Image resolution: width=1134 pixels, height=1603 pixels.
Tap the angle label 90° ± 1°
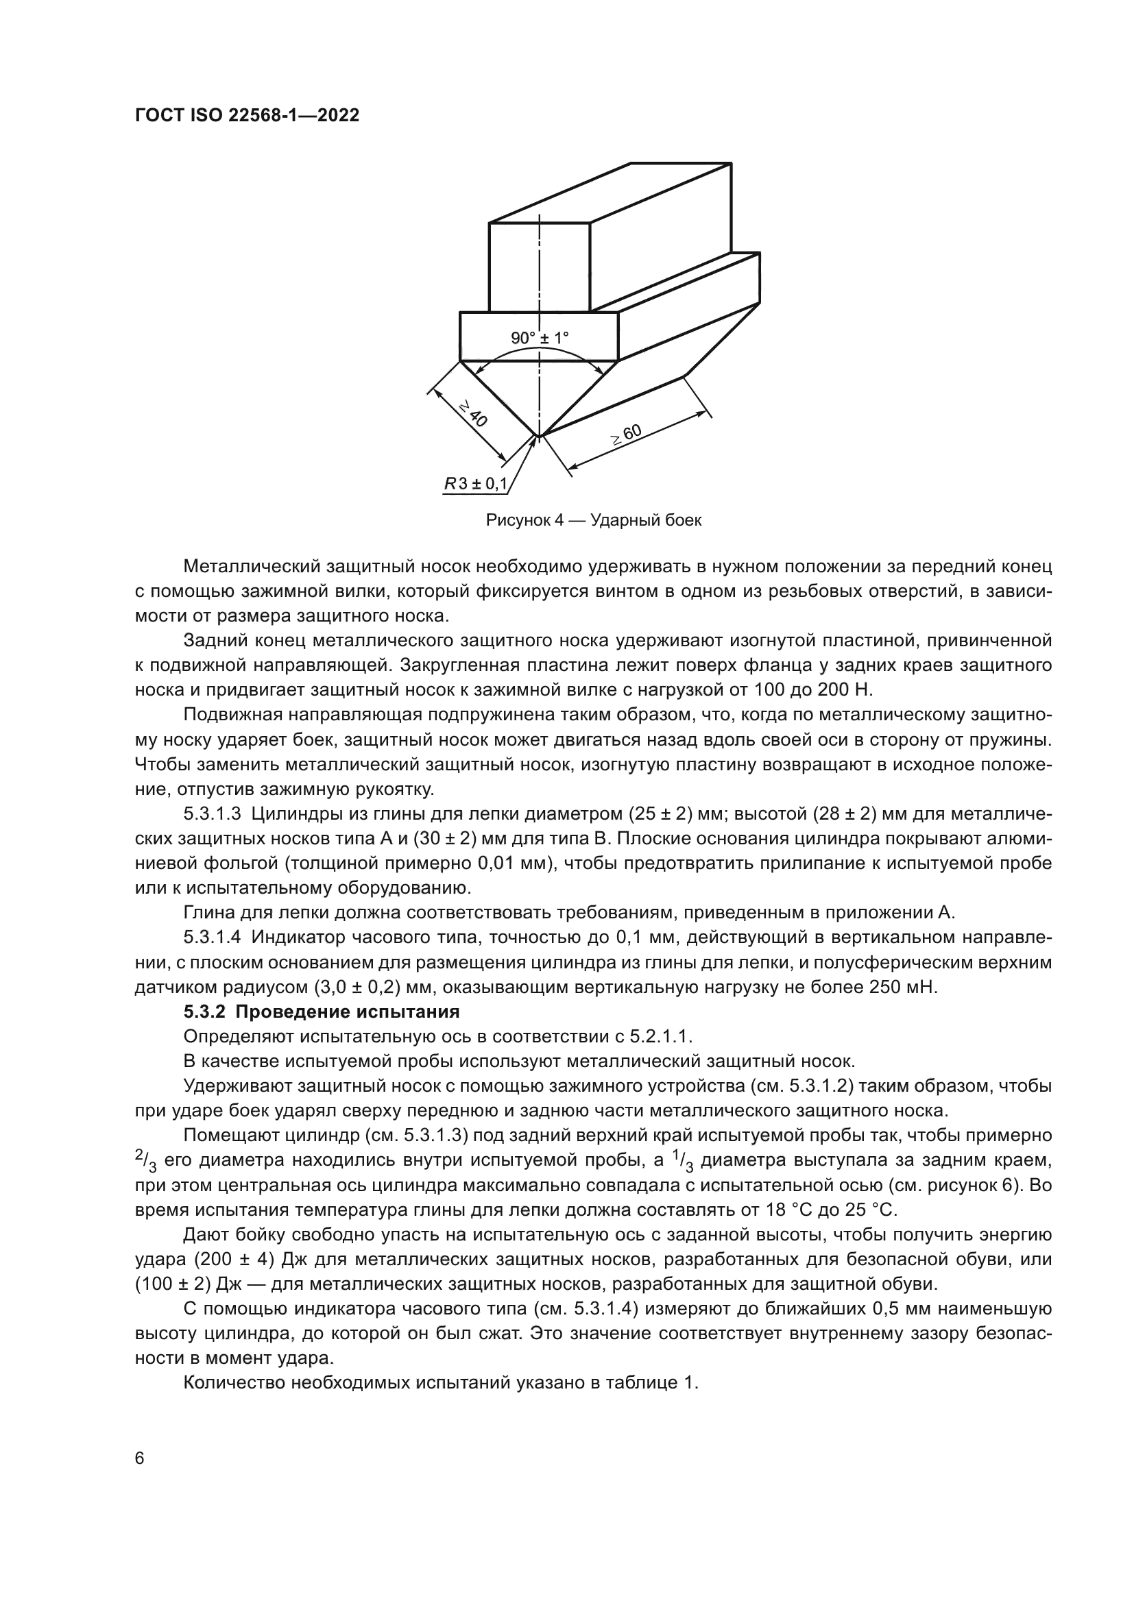(540, 339)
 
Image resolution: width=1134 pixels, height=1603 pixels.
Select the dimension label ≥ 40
(473, 414)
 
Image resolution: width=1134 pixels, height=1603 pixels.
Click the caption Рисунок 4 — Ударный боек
(594, 521)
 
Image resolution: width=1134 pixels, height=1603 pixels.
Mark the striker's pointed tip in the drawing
(538, 436)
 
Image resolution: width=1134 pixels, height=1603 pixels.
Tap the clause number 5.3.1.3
(213, 814)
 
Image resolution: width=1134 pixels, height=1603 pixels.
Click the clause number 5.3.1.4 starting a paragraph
(213, 938)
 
